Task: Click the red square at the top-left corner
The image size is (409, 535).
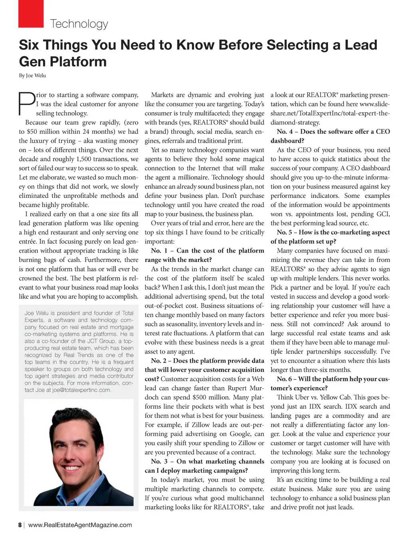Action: pos(31,13)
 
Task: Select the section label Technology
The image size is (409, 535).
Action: pos(79,24)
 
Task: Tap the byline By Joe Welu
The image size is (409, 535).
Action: pos(32,76)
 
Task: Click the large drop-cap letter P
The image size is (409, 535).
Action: pos(27,103)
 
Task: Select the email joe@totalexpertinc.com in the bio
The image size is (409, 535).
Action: pos(81,390)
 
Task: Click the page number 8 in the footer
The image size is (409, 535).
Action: pos(20,525)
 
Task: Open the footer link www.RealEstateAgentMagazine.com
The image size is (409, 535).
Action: pos(80,525)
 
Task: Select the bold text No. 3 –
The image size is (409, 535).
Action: pos(162,462)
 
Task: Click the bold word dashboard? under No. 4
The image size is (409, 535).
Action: pos(287,141)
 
